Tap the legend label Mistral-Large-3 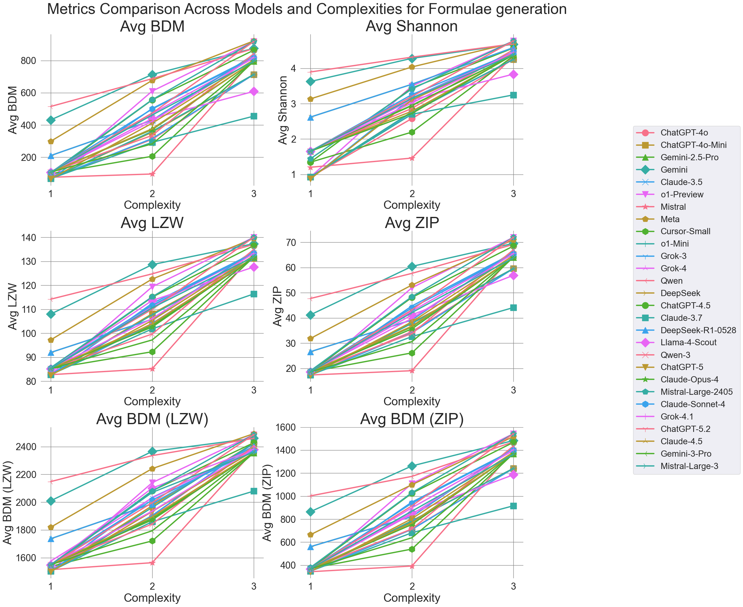click(689, 466)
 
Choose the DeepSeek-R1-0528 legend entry click(698, 330)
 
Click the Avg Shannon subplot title click(412, 26)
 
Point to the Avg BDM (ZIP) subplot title click(412, 419)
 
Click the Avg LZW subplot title click(152, 223)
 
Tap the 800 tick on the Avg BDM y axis click(28, 61)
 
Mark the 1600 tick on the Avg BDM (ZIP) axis click(286, 427)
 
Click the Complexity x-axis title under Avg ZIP click(412, 401)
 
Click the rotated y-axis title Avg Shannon click(283, 110)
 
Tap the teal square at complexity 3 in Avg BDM click(254, 116)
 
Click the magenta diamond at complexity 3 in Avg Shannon click(513, 74)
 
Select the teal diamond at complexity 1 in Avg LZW click(51, 314)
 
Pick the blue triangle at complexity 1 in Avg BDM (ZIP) click(310, 546)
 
